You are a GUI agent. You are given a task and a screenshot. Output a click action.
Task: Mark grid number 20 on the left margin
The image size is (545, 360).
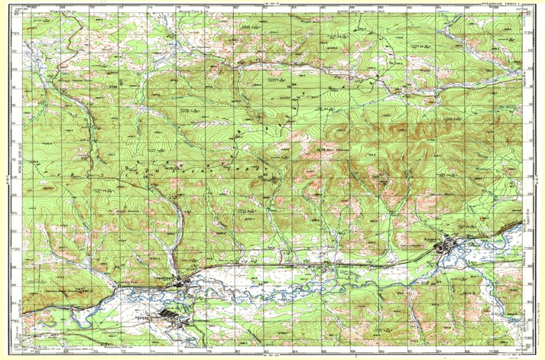tap(17, 70)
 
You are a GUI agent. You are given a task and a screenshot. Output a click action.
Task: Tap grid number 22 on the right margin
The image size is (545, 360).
tap(528, 50)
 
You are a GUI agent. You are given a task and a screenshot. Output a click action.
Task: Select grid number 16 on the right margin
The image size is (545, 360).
tap(528, 105)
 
